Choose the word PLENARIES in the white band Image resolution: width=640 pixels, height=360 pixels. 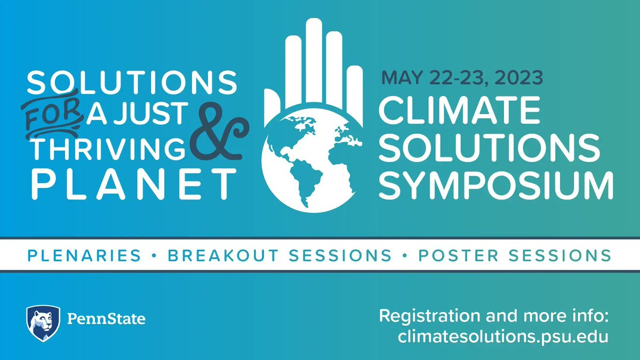click(x=84, y=255)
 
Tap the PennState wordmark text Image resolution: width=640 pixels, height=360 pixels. click(x=106, y=319)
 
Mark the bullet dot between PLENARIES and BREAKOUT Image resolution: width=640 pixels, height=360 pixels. click(x=154, y=256)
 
